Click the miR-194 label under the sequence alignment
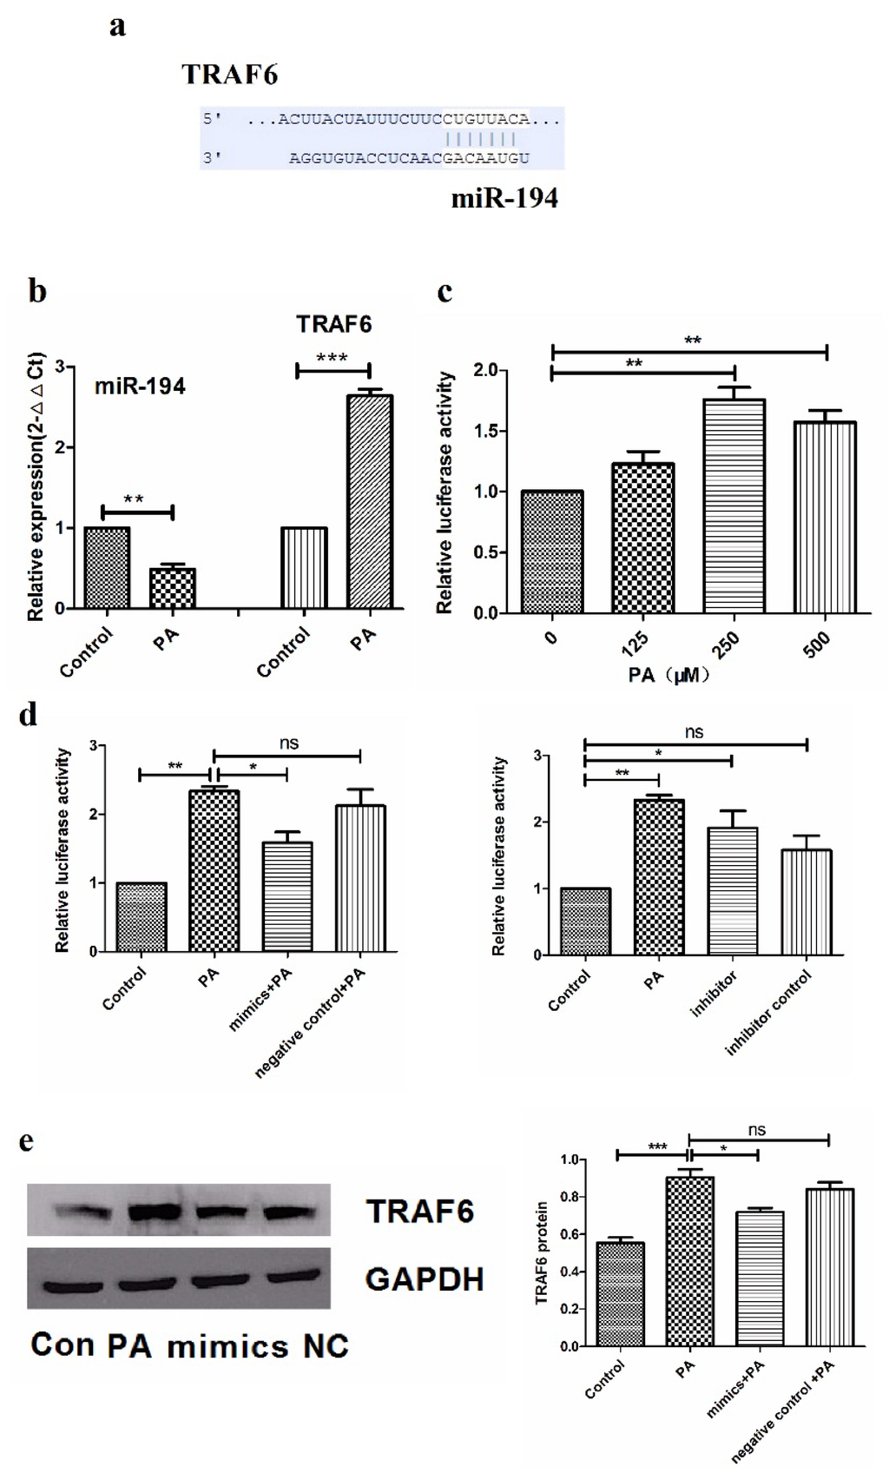coord(504,199)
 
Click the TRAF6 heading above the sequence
coord(230,76)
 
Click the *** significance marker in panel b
coord(333,358)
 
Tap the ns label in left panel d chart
coord(289,743)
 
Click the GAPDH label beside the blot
coord(425,1279)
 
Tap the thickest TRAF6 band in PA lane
coord(155,1211)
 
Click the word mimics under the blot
coord(227,1346)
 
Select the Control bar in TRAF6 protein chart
coord(620,1294)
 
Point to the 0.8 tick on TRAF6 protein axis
coord(570,1197)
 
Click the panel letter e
coord(27,1140)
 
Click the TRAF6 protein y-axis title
coord(543,1252)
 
